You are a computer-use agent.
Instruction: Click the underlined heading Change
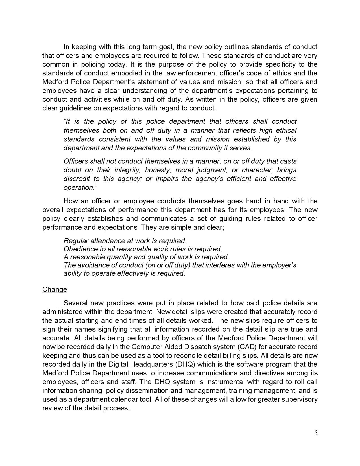(x=54, y=289)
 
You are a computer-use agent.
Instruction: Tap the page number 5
(x=316, y=433)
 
